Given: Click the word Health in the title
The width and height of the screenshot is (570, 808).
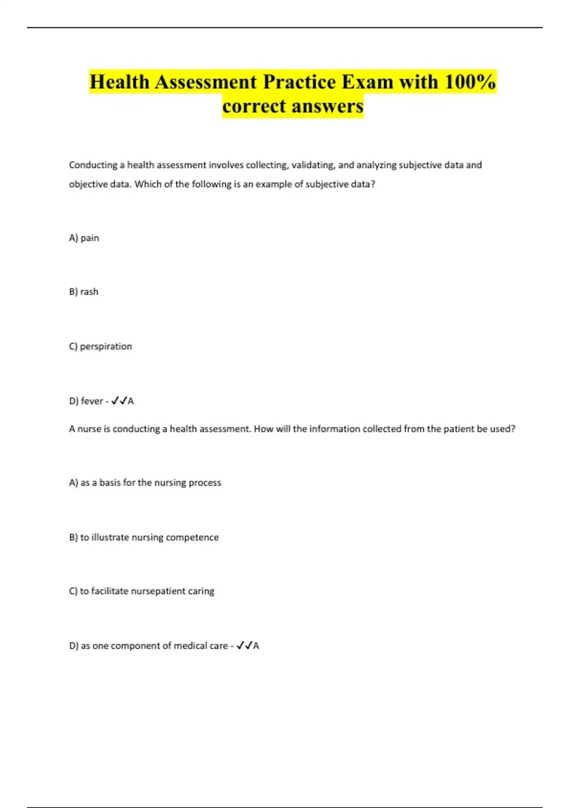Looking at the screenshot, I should pos(119,82).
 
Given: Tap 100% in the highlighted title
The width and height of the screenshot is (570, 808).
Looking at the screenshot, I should pos(470,82).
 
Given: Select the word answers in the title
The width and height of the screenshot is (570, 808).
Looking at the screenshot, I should pos(328,106).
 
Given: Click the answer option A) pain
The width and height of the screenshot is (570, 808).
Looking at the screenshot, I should pos(84,238).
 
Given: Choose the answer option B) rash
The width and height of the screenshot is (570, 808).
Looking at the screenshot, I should pos(84,292).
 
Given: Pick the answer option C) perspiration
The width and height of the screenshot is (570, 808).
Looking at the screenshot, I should pos(100,346).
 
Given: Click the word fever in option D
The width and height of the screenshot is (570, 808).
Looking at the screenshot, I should pos(92,401).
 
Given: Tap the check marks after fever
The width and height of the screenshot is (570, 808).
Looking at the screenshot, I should pos(119,401).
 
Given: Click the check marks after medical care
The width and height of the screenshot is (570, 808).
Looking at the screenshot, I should pos(244,645).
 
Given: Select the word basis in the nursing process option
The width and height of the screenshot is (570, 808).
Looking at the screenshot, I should pos(110,482).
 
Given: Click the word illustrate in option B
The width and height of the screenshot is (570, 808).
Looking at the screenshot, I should pos(110,537).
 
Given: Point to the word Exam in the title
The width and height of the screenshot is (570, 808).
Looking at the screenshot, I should pos(367,82).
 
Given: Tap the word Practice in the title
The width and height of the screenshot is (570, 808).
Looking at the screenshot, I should pos(299,82).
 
